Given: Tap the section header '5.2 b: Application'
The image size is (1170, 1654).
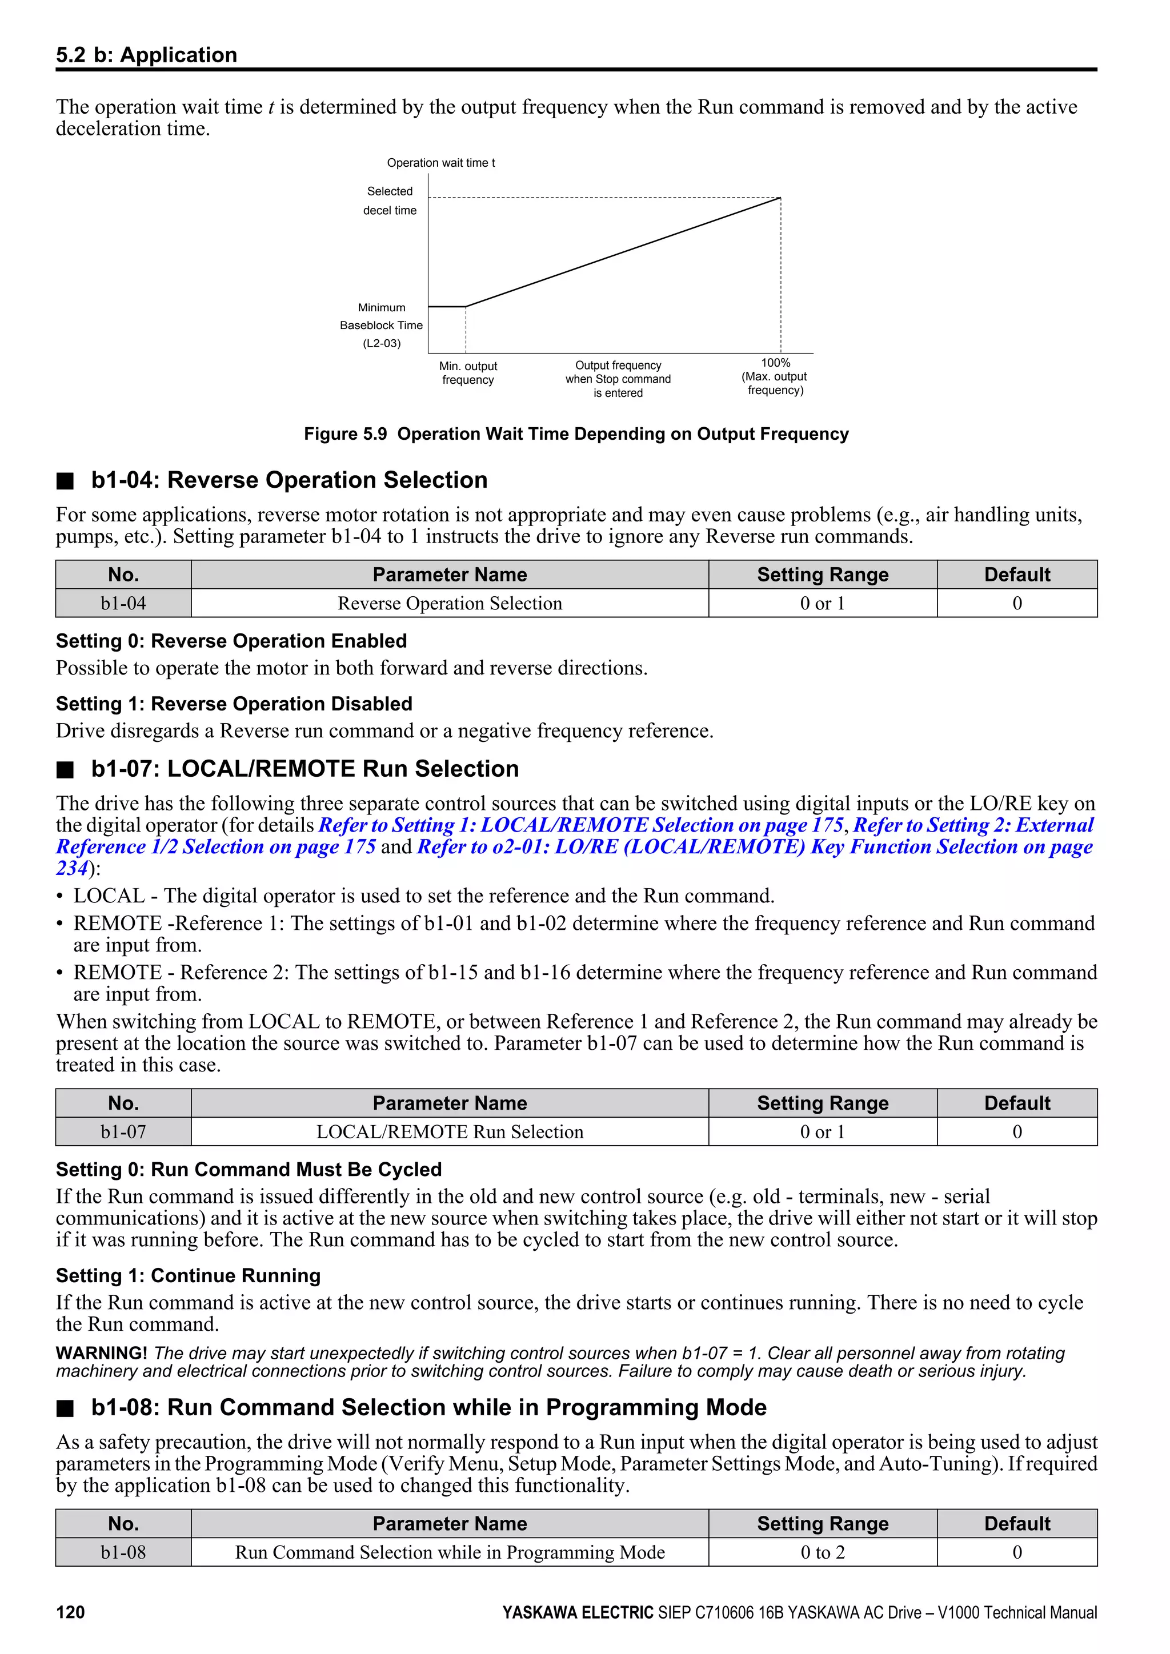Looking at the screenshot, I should tap(146, 55).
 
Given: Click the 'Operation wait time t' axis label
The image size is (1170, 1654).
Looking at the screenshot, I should tap(441, 163).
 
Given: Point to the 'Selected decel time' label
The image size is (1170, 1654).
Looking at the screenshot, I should tap(390, 201).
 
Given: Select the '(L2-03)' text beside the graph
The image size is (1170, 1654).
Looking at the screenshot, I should tap(382, 344).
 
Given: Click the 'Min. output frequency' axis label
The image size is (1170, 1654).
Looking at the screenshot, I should tap(468, 373).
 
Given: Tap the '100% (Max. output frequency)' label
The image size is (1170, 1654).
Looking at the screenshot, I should tap(775, 377).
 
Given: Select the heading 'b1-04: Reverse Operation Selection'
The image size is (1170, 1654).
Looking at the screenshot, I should tap(289, 480).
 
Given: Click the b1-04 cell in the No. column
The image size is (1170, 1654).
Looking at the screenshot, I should tap(123, 604).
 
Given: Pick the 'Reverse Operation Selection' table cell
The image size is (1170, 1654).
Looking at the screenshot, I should tap(450, 604).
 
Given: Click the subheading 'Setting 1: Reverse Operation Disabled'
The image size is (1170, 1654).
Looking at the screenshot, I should tap(234, 704).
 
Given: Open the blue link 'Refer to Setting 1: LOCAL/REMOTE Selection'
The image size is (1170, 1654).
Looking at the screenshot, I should tap(580, 825).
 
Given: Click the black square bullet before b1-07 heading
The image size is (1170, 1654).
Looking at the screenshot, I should tap(66, 770).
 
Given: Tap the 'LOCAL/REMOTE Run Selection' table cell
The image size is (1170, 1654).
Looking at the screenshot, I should tap(450, 1132).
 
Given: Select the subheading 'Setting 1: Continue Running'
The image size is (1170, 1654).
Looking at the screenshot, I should tap(188, 1276).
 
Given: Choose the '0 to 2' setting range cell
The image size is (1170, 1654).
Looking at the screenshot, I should tap(822, 1552).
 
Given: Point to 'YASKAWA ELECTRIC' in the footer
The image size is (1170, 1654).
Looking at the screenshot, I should tap(578, 1612).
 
